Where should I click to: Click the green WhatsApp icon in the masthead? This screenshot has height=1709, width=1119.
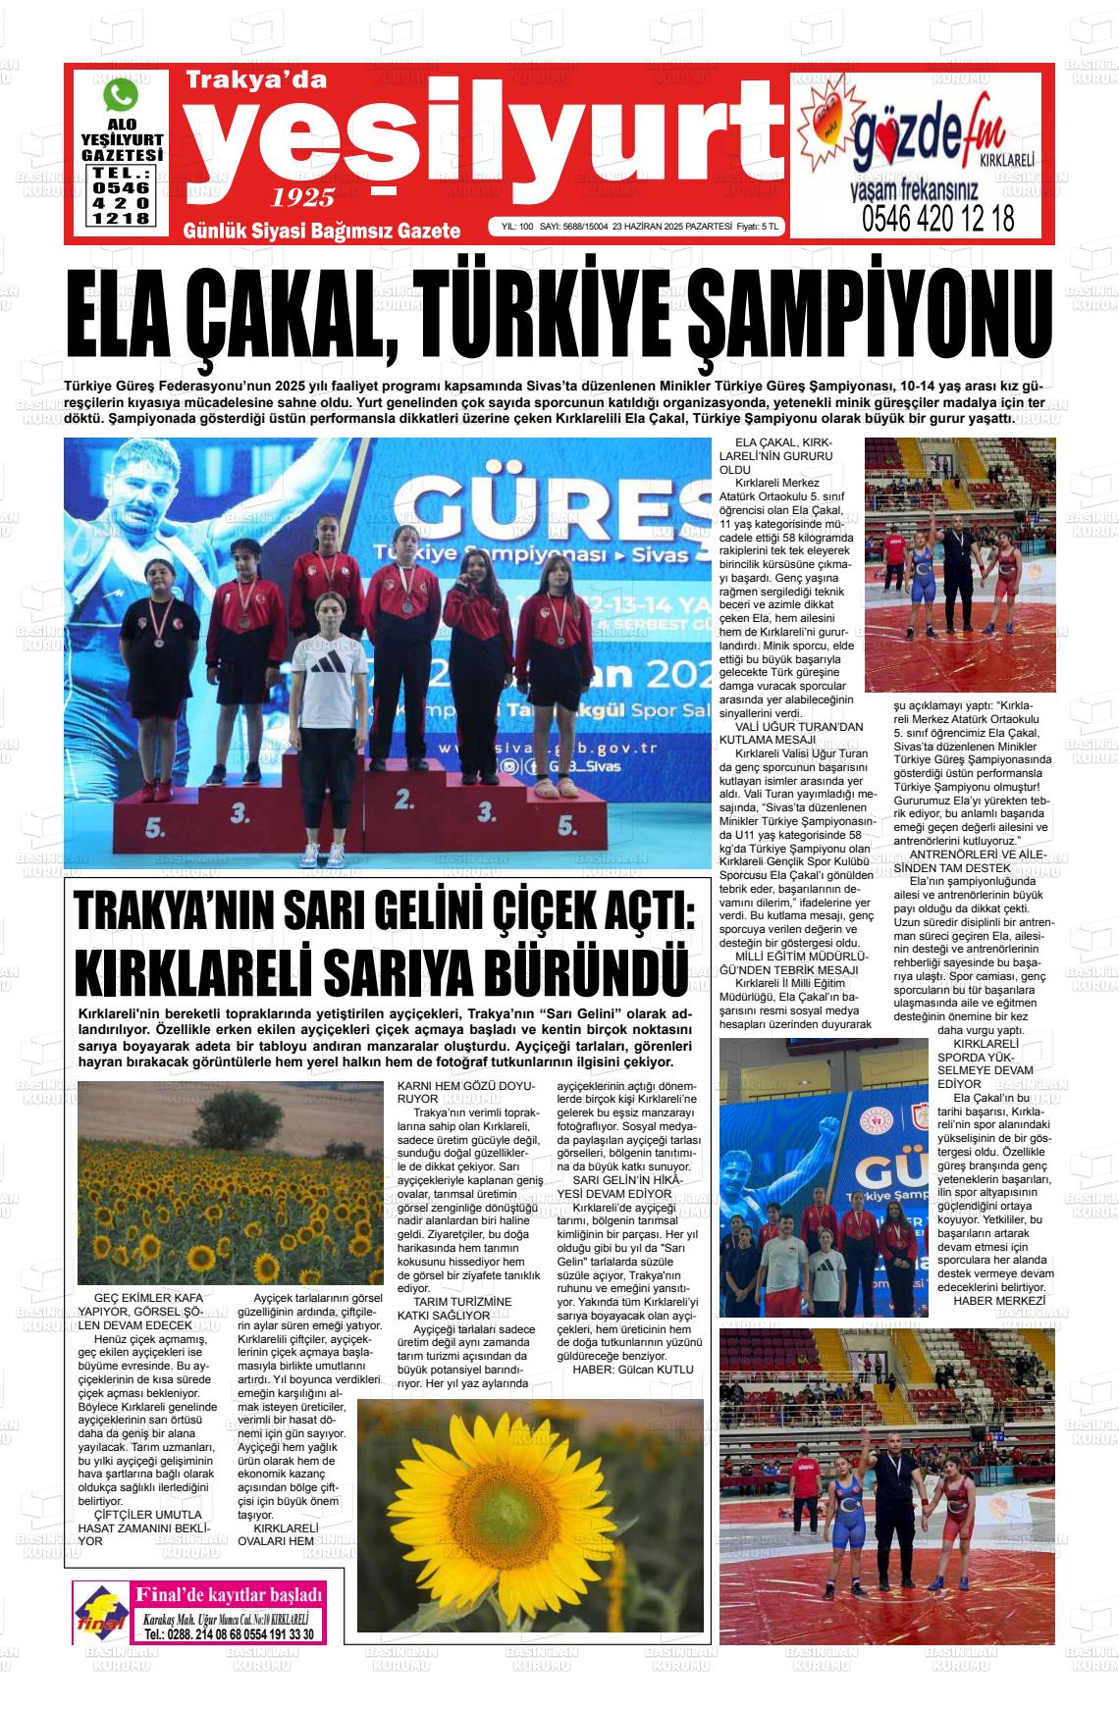pyautogui.click(x=122, y=95)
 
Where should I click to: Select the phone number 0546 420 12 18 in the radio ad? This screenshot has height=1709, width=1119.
pyautogui.click(x=938, y=218)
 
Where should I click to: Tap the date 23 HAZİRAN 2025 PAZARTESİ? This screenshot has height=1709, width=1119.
pyautogui.click(x=672, y=227)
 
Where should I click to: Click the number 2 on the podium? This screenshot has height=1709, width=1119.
pyautogui.click(x=401, y=797)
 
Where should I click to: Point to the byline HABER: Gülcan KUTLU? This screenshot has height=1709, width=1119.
pyautogui.click(x=633, y=1369)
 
